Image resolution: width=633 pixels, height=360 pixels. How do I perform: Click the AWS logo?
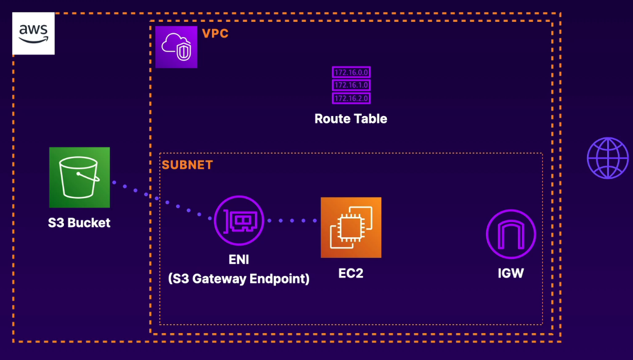34,34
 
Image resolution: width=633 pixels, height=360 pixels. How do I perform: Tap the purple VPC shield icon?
176,47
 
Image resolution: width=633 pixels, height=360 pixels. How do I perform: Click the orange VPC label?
215,34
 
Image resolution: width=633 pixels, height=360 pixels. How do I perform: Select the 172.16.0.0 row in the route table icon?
352,72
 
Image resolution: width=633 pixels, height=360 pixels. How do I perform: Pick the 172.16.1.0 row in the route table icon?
352,85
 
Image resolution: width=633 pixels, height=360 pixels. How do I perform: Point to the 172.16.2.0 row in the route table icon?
352,99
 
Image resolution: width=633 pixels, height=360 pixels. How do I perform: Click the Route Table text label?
351,119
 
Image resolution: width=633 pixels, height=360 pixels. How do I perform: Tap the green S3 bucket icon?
80,178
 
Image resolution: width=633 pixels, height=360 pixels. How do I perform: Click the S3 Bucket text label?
79,223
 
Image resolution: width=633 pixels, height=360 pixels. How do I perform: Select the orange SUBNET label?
187,165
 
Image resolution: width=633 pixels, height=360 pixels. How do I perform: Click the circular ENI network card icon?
239,221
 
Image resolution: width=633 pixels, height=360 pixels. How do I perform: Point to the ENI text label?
239,260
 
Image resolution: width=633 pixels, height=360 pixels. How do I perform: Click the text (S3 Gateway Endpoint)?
239,278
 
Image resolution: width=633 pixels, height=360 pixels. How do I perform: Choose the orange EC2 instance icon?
351,228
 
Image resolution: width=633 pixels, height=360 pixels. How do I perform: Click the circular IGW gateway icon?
511,234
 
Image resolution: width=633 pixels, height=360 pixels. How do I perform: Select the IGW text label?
510,274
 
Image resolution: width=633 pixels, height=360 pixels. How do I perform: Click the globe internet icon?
608,158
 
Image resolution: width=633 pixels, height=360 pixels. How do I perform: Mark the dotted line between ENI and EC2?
292,221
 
